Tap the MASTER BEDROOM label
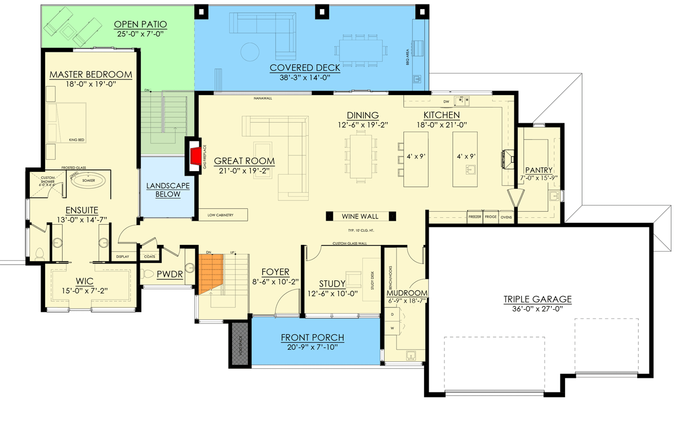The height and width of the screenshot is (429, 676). [x=91, y=74]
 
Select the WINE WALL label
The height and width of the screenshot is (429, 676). [x=360, y=216]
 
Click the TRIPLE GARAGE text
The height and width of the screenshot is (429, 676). [x=537, y=299]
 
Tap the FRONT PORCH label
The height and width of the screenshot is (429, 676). [x=313, y=338]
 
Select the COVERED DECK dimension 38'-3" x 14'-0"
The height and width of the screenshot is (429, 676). [x=305, y=78]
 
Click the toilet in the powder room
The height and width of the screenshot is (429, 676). [x=148, y=274]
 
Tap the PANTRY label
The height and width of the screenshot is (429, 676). [x=539, y=169]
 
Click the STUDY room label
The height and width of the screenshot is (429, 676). [x=332, y=283]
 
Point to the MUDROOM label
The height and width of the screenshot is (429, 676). [x=406, y=293]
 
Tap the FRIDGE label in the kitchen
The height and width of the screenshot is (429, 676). [x=490, y=216]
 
